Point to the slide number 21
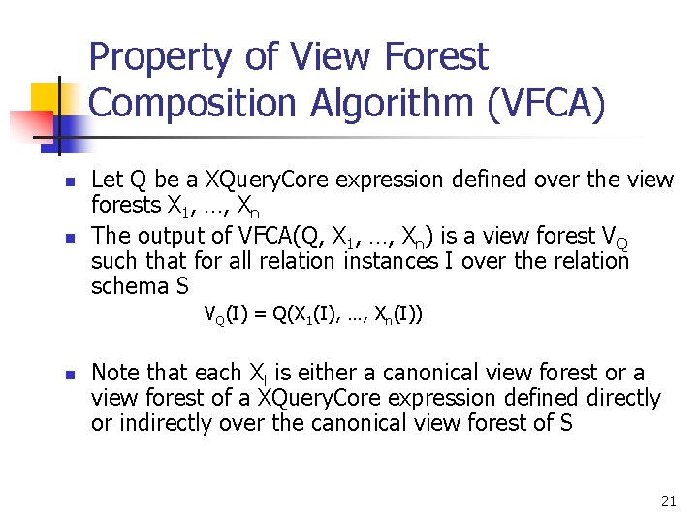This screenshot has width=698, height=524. pos(668,501)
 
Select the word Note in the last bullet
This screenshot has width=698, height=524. pos(115,373)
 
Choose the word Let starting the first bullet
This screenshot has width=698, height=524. pos(106,180)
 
